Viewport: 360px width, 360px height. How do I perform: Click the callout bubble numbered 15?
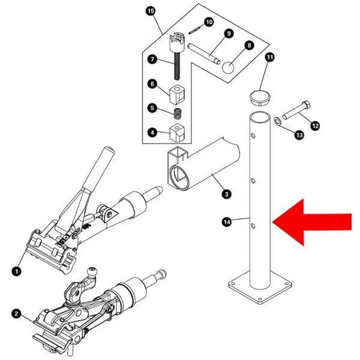coord(150,11)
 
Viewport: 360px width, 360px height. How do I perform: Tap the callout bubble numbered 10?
coord(209,22)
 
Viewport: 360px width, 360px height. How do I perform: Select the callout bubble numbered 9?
coord(229,33)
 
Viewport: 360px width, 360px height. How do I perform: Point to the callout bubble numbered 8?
coord(249,44)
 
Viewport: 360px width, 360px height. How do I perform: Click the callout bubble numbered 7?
coord(152,59)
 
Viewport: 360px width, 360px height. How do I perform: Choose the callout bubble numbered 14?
coord(227,222)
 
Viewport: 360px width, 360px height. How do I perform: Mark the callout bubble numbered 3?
coord(226,194)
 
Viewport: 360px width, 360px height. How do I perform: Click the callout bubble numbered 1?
coord(16,271)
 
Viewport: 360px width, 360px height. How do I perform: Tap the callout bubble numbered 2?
coord(16,312)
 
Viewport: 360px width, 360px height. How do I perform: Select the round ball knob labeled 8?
coord(229,67)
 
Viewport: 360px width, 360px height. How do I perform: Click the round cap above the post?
coord(259,97)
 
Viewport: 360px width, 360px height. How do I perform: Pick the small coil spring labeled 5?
coord(178,112)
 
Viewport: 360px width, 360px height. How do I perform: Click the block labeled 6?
coord(177,94)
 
